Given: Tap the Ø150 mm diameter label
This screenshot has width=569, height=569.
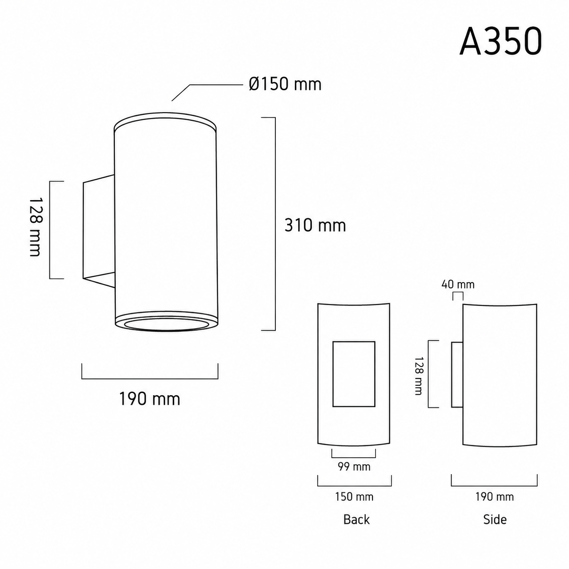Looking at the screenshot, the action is [285, 84].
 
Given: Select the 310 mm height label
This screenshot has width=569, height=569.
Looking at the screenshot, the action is [315, 226].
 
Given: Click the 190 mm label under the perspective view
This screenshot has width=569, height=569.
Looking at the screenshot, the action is [149, 399].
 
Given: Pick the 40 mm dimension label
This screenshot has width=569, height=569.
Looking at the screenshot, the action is [458, 284].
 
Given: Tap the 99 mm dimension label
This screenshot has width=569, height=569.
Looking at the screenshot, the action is [354, 466].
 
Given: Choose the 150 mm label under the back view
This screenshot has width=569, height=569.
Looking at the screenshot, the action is [354, 497].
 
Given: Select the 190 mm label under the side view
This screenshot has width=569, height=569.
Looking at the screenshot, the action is [494, 497].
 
